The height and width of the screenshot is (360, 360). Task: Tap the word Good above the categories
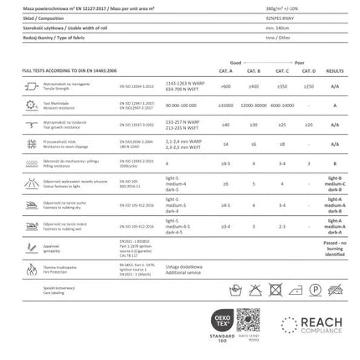[x=235, y=64]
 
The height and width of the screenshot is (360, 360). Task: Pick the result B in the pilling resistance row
[x=335, y=164]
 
